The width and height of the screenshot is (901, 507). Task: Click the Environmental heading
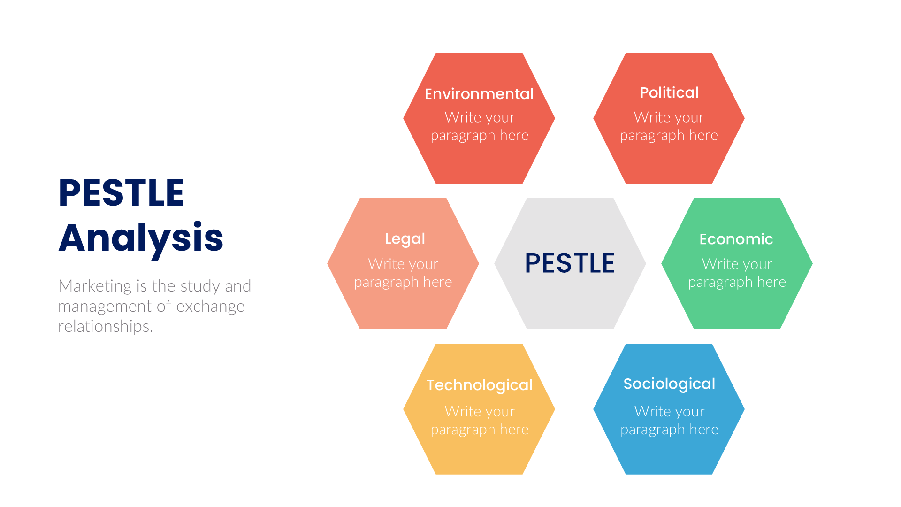pyautogui.click(x=479, y=94)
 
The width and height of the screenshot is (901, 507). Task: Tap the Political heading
pyautogui.click(x=669, y=92)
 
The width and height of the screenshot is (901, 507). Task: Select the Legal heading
pyautogui.click(x=405, y=239)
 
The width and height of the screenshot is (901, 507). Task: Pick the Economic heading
pyautogui.click(x=736, y=239)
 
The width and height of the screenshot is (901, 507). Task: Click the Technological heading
pyautogui.click(x=479, y=385)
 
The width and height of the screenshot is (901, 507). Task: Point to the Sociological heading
pyautogui.click(x=669, y=384)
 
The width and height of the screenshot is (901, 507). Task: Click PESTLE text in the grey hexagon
pyautogui.click(x=570, y=263)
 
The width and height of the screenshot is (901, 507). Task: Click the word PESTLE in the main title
pyautogui.click(x=121, y=192)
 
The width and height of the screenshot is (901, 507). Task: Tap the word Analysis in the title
pyautogui.click(x=141, y=238)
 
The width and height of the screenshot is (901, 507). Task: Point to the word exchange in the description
pyautogui.click(x=210, y=306)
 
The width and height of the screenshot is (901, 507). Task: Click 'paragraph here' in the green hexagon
pyautogui.click(x=737, y=282)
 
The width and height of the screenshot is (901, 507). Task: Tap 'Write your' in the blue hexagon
pyautogui.click(x=669, y=411)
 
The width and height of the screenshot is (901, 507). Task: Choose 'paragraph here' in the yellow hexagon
pyautogui.click(x=480, y=429)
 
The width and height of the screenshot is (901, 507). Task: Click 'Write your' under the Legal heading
pyautogui.click(x=403, y=264)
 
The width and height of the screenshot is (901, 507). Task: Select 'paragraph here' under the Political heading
pyautogui.click(x=669, y=135)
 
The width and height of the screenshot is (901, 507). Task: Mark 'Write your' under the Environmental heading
pyautogui.click(x=480, y=117)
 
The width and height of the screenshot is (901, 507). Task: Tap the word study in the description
pyautogui.click(x=200, y=286)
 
